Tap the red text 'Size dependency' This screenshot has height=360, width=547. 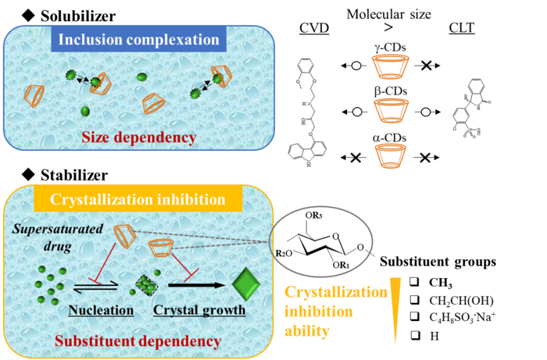(138, 137)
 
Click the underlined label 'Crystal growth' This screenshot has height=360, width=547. (199, 310)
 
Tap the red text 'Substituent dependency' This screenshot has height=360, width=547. (138, 341)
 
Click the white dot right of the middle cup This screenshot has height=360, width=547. (425, 112)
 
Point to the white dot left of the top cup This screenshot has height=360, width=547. (356, 66)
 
